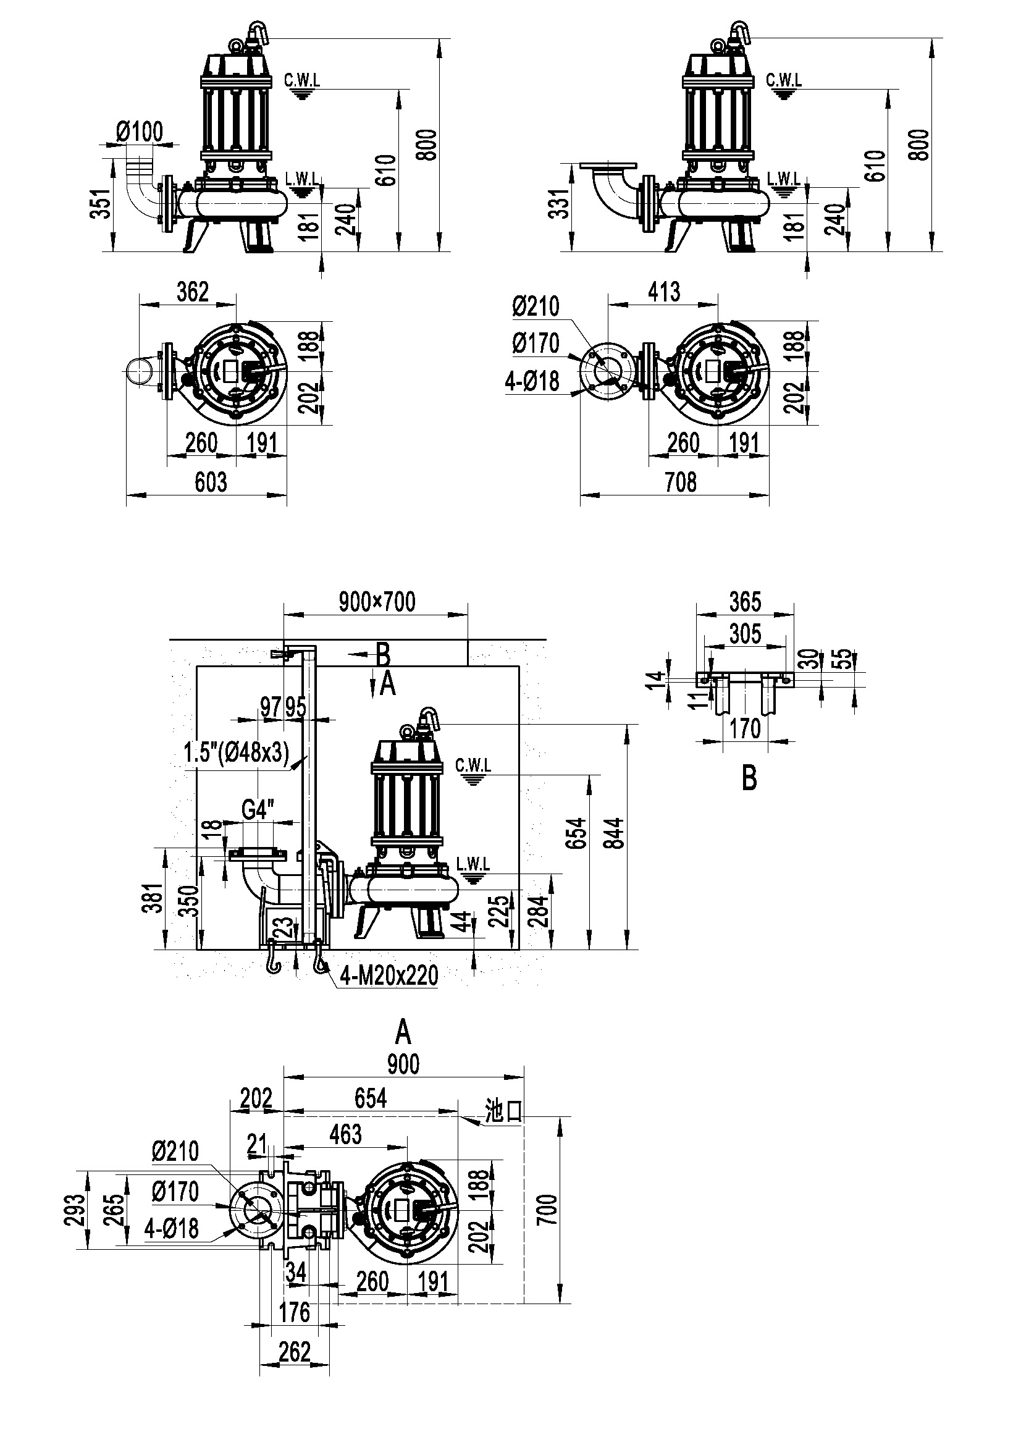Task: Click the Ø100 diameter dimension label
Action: click(139, 132)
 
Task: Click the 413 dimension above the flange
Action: click(664, 292)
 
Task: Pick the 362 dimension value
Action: click(193, 292)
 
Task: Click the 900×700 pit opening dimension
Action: click(377, 602)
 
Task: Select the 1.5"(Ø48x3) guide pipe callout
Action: click(237, 752)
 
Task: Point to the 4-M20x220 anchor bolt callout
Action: click(389, 975)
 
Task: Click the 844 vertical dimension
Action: click(615, 833)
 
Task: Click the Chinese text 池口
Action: click(504, 1111)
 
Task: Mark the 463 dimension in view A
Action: click(345, 1134)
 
